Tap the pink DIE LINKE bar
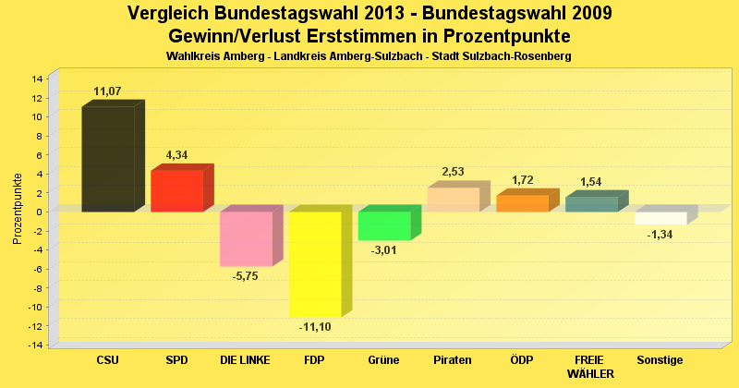pos(246,238)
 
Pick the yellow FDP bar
pos(315,263)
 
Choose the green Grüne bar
pos(384,225)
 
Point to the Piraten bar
pos(453,200)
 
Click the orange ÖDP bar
pos(522,203)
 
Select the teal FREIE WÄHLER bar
pos(591,204)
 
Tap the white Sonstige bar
pos(660,218)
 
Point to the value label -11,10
pos(316,327)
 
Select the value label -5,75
pos(247,275)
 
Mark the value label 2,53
pos(454,172)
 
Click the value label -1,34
pos(660,235)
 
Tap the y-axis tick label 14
pos(37,79)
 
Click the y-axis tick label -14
pos(35,346)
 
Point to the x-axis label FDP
pos(315,359)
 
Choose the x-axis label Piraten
pos(453,359)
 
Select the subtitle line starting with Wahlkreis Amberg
pos(369,56)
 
